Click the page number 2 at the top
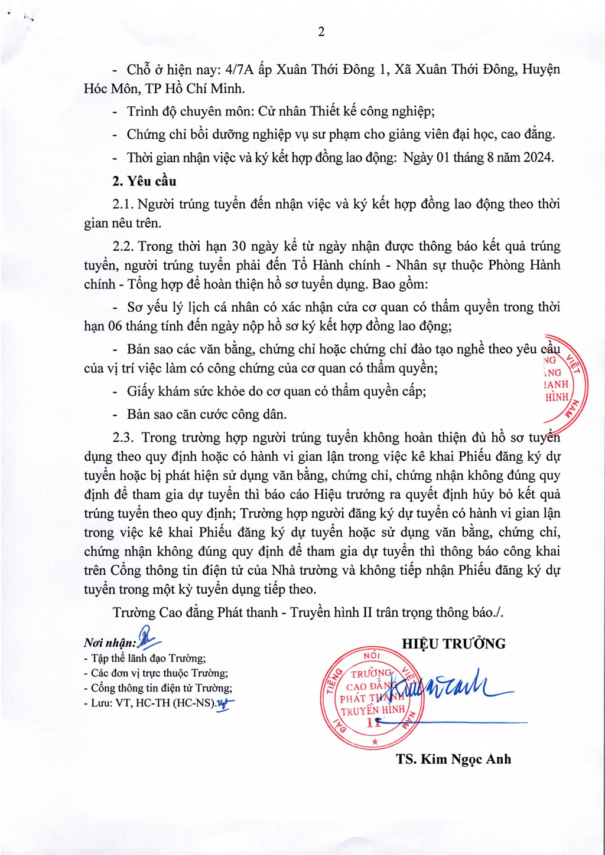[x=321, y=32]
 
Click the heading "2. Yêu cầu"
[x=144, y=181]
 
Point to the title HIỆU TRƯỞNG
[x=454, y=644]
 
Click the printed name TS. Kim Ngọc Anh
[x=453, y=759]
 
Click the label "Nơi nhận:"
[x=110, y=643]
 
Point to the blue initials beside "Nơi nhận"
[x=147, y=639]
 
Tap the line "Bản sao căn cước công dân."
[x=206, y=415]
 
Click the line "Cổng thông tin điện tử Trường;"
[x=161, y=688]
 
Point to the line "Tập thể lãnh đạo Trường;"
[x=148, y=659]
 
